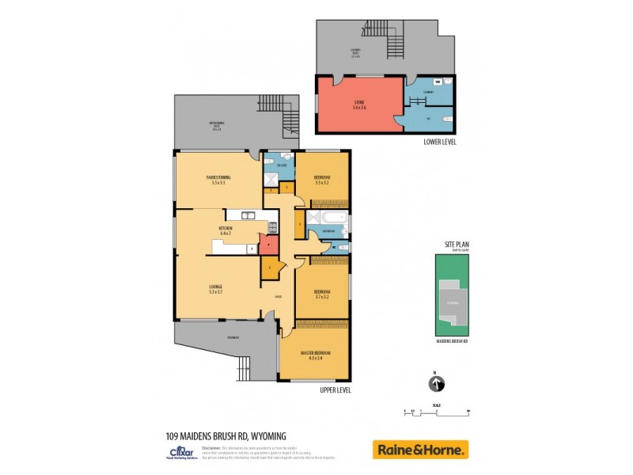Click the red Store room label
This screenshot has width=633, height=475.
point(359,104)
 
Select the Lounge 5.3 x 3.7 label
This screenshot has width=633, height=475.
point(215,289)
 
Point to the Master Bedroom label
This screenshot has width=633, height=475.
point(315,355)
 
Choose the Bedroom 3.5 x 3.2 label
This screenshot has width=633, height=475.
point(320,179)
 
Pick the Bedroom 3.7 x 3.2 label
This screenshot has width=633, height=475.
point(320,294)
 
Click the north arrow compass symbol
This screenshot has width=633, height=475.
point(435,384)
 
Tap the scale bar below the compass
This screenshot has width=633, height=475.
point(436,411)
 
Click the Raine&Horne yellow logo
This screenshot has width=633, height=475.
point(420,450)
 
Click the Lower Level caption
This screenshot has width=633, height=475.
point(439,142)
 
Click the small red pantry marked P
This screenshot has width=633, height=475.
point(269,245)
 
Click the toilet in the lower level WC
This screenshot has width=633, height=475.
point(448,119)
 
